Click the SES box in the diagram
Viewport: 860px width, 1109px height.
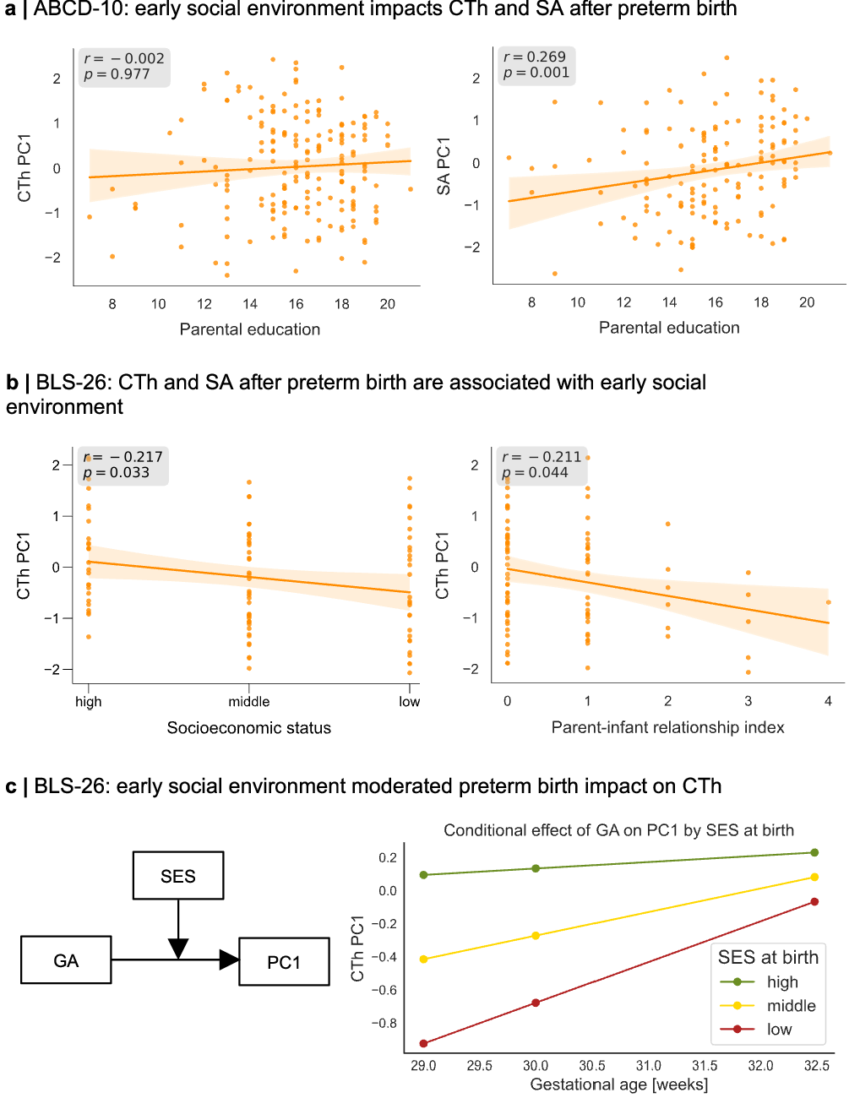coord(178,876)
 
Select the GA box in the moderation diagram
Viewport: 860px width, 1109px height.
coord(66,960)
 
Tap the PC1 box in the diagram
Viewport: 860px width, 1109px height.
coord(284,962)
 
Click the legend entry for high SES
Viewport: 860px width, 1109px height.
coord(781,982)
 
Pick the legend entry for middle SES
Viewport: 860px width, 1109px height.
coord(791,1006)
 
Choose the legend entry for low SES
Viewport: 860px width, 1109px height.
coord(779,1030)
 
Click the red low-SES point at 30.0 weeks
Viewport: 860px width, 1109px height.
coord(536,1003)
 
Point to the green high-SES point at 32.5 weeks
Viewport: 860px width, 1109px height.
coord(814,853)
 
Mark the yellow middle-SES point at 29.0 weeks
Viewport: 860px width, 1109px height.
coord(424,960)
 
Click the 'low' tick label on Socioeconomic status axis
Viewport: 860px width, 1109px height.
coord(410,702)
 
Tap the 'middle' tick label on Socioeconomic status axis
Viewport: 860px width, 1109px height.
coord(249,702)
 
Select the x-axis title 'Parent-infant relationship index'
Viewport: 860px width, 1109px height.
coord(667,727)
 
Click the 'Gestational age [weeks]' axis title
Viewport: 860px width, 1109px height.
coord(618,1085)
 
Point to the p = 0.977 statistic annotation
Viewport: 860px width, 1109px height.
coord(117,74)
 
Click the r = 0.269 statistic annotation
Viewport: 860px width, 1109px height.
coord(535,57)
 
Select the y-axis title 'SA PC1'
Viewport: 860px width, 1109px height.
coord(444,166)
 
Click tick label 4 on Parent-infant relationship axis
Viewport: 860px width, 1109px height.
coord(828,701)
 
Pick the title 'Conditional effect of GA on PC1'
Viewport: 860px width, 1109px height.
coord(618,830)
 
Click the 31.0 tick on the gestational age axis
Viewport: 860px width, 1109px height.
coord(648,1066)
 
